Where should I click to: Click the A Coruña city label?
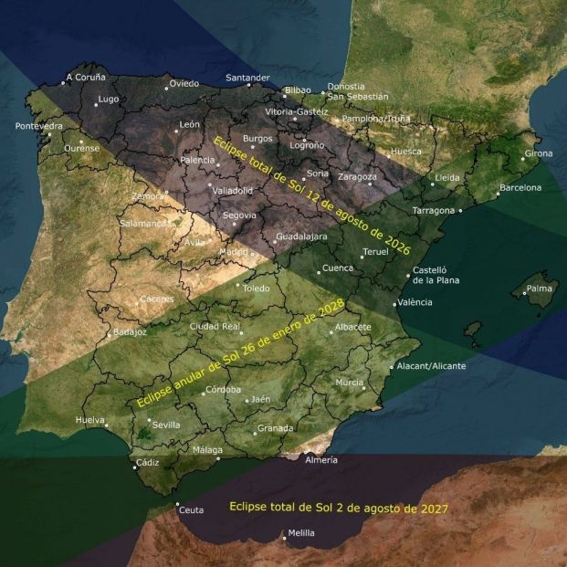[87, 78]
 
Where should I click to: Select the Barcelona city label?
[520, 188]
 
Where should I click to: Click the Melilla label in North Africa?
[300, 532]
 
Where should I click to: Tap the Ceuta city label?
[191, 509]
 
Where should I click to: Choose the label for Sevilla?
[166, 425]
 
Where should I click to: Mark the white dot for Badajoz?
[110, 333]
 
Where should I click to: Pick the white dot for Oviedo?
[166, 89]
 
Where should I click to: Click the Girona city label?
[538, 153]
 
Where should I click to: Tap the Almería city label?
[322, 460]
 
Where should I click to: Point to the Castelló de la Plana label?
[436, 275]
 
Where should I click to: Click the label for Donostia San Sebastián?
[357, 91]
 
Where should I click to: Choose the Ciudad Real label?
[215, 326]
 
